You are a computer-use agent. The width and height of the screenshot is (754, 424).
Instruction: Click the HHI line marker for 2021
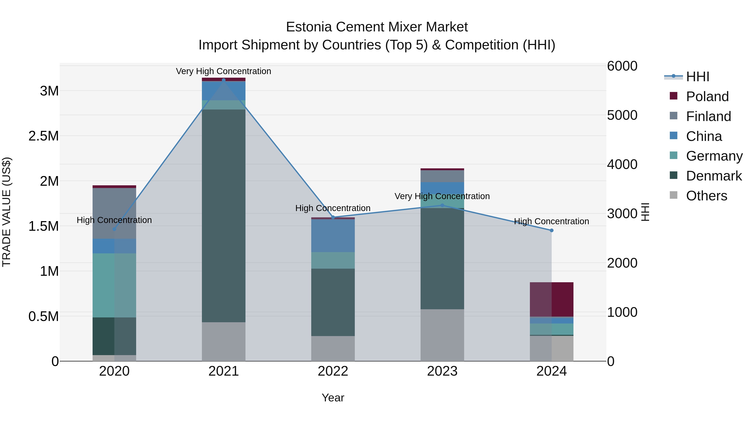[x=224, y=80]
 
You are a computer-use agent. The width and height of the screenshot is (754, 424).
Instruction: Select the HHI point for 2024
[x=551, y=230]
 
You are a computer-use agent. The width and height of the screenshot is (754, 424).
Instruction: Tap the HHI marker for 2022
[x=333, y=217]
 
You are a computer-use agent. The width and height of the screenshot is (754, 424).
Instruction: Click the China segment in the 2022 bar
[x=333, y=235]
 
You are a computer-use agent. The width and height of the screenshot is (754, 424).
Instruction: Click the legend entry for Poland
[x=707, y=97]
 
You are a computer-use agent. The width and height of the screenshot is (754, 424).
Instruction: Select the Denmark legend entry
[x=714, y=176]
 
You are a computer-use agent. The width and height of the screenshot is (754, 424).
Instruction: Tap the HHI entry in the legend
[x=697, y=77]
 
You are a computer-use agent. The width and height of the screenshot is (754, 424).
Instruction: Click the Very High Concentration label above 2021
[x=224, y=71]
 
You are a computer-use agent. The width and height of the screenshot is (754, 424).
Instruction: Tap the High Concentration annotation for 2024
[x=551, y=221]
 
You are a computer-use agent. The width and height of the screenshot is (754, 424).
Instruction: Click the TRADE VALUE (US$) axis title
[x=6, y=212]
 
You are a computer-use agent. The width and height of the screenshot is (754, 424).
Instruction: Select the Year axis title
[x=333, y=398]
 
